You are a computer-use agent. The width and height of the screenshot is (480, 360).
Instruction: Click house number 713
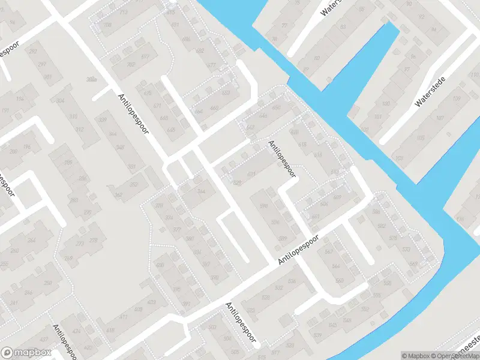(124, 12)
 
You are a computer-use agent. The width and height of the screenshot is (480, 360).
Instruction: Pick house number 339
(103, 120)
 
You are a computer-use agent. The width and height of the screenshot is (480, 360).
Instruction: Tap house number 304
(59, 101)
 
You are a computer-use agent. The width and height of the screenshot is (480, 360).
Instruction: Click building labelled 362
(119, 194)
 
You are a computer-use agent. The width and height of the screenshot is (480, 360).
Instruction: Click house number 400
(160, 265)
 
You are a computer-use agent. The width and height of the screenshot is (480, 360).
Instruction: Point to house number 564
(336, 266)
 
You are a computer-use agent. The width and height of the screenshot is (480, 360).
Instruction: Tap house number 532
(278, 288)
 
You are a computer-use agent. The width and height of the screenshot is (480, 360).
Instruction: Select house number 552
(365, 308)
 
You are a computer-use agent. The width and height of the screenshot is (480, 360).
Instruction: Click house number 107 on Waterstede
(440, 118)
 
